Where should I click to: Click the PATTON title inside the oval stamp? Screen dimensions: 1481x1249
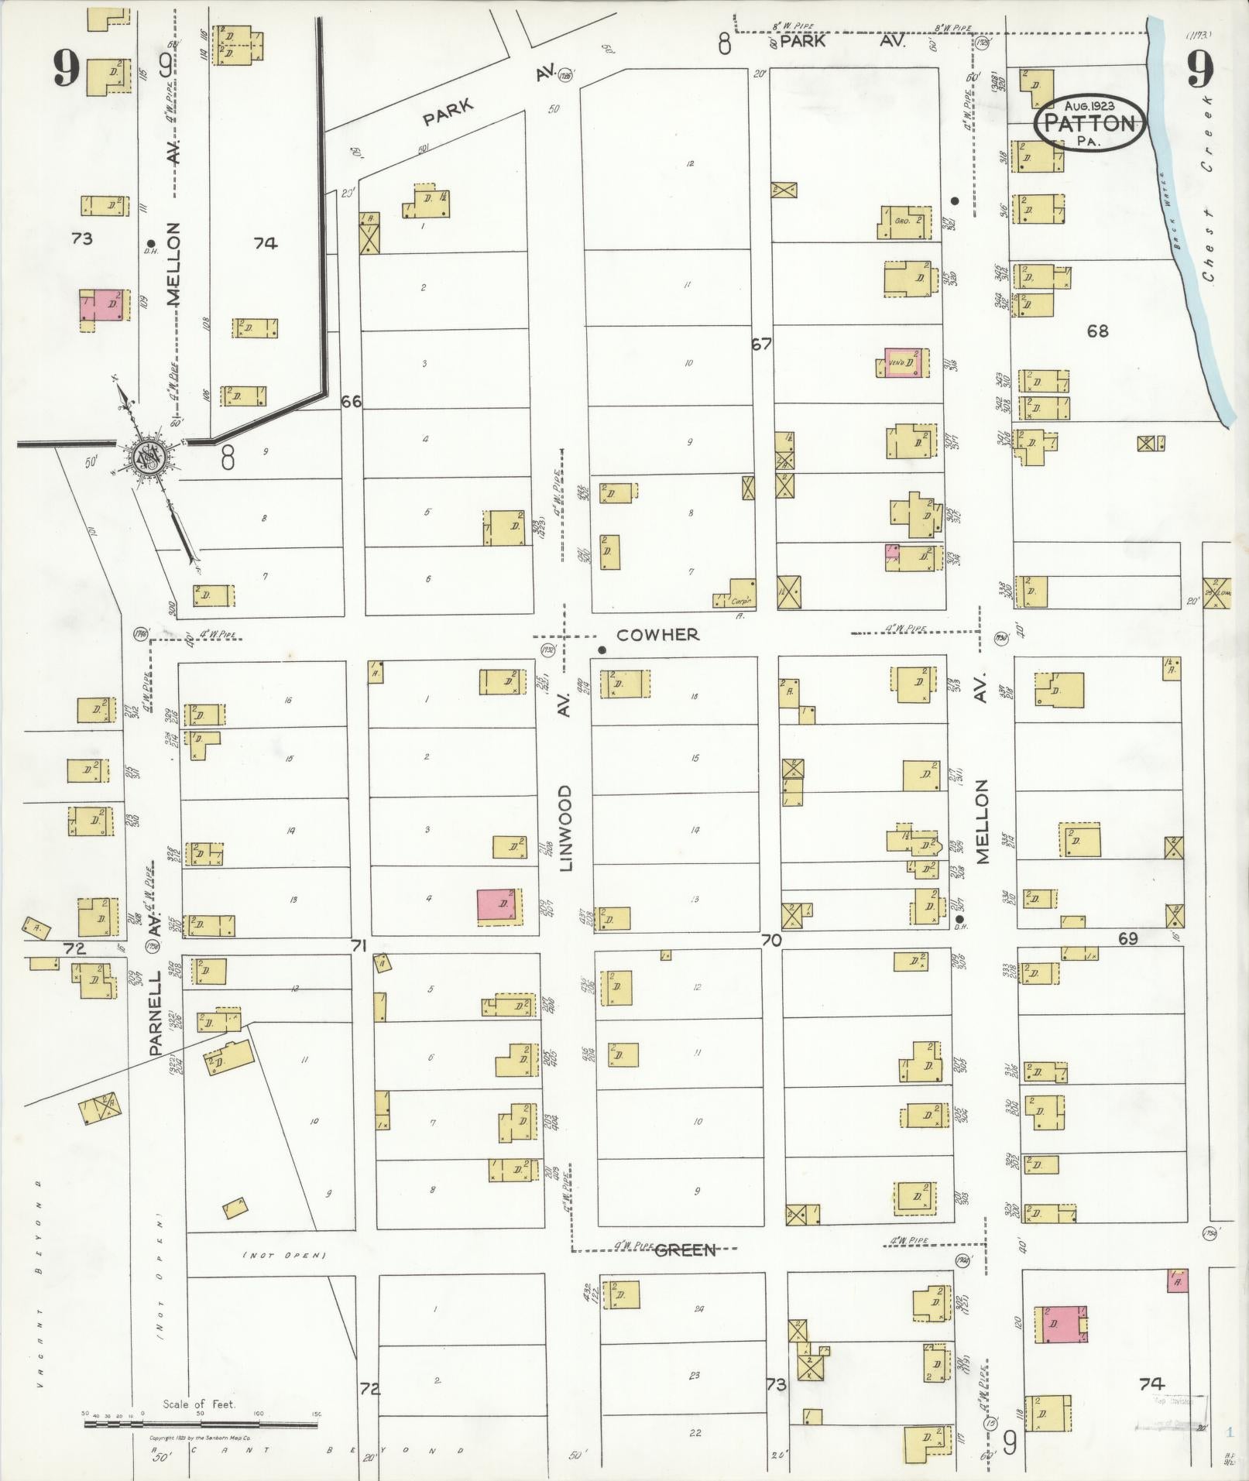click(1093, 123)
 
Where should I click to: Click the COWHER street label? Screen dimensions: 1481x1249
click(658, 634)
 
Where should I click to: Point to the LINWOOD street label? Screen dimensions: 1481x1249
click(565, 828)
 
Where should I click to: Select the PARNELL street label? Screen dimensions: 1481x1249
click(155, 1015)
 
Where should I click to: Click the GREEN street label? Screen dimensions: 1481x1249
click(685, 1250)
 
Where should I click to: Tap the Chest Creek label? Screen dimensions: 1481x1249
click(1209, 190)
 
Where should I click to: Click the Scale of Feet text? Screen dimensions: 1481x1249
click(199, 1404)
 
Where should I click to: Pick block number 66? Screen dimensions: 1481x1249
click(352, 401)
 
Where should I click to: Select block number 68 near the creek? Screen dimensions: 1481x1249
click(1097, 331)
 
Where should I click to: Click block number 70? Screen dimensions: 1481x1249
click(771, 940)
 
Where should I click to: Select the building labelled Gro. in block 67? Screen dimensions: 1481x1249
click(904, 221)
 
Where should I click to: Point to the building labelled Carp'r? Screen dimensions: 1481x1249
click(736, 595)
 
